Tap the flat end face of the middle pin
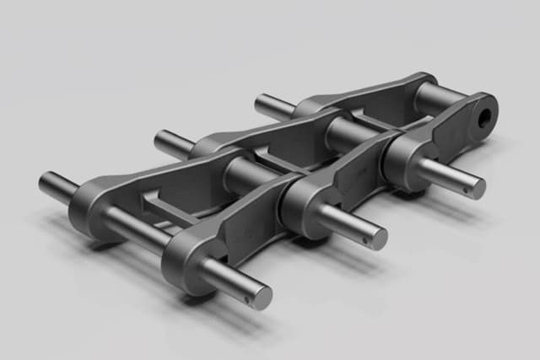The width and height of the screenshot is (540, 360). pos(379,239)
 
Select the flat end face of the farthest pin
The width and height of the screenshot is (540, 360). pos(478,189)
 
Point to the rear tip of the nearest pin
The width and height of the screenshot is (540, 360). pos(45,181)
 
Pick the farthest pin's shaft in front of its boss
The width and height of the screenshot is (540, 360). pos(447,176)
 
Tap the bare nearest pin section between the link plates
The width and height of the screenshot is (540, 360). pos(135,228)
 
